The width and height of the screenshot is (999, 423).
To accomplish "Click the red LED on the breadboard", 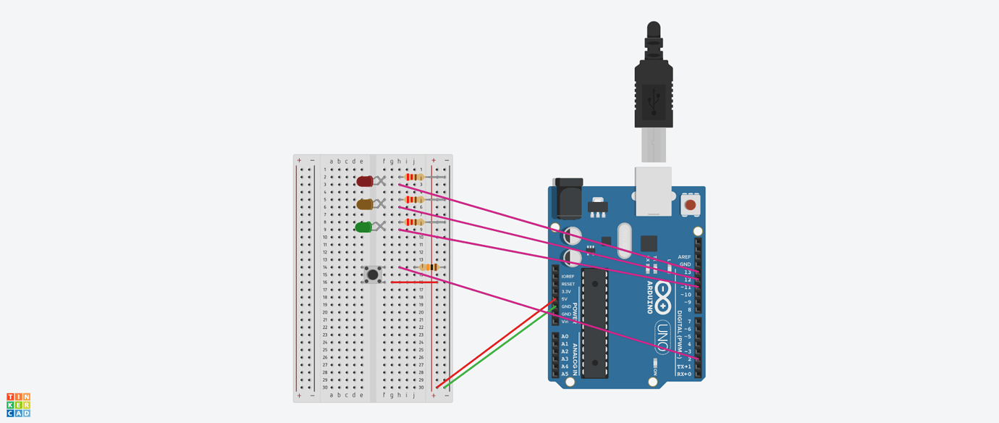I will click(364, 181).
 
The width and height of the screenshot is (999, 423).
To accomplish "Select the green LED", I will click(363, 227).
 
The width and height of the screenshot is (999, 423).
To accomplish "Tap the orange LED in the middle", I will click(364, 204).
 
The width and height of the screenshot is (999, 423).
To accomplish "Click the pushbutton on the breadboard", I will click(373, 275).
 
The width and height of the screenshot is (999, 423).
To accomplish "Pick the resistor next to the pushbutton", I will click(429, 267).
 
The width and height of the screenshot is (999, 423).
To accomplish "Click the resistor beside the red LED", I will click(413, 177).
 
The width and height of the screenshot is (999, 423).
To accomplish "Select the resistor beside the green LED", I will click(413, 222).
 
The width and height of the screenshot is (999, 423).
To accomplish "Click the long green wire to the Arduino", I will click(499, 346).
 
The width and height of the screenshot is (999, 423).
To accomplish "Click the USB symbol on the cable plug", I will click(654, 99).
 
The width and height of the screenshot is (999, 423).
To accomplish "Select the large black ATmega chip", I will click(594, 322).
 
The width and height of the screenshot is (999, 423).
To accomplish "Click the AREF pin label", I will click(684, 257).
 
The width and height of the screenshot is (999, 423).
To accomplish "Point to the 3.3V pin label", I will click(566, 291).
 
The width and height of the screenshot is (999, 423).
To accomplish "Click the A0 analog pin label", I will click(565, 336).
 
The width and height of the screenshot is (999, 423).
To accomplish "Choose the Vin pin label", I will click(565, 322).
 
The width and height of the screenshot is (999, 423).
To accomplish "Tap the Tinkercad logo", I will click(19, 405).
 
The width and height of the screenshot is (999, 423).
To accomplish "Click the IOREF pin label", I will click(568, 276).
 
